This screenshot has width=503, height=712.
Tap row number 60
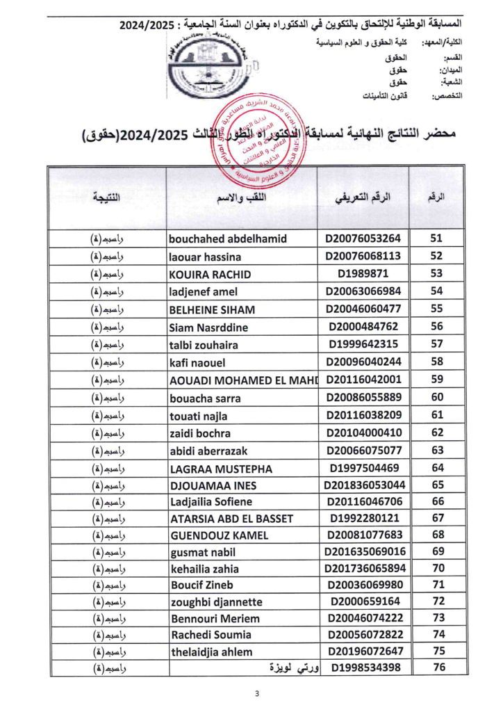tap(437, 397)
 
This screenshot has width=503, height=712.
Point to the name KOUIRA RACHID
tap(210, 274)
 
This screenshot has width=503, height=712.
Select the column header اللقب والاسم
tap(242, 197)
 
